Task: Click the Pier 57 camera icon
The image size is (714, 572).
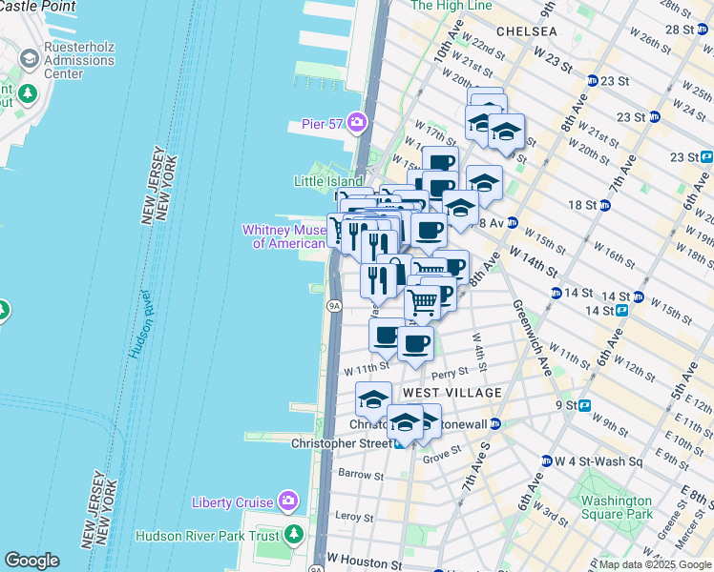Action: [357, 122]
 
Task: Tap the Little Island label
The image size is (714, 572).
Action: [327, 181]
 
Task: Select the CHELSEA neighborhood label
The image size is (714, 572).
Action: [525, 31]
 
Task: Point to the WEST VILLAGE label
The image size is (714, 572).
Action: [452, 393]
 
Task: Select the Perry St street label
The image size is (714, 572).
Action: [451, 373]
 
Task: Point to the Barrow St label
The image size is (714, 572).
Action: [361, 475]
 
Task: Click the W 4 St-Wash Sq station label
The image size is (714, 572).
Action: [598, 460]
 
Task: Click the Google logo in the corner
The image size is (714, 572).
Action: [31, 561]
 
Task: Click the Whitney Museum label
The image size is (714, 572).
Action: [283, 236]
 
